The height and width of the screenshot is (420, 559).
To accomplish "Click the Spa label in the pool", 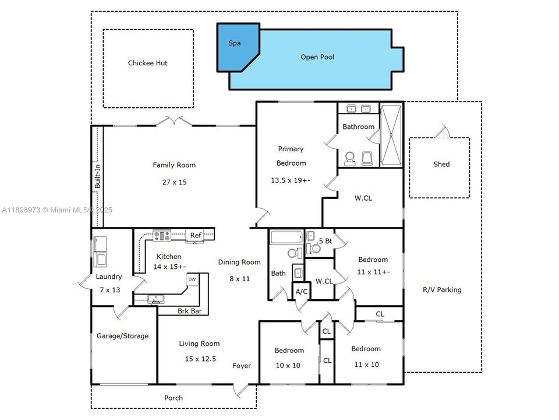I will point(235,43).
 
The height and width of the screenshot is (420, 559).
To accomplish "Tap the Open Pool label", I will point(317,57).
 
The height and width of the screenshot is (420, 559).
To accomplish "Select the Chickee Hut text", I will point(148,63).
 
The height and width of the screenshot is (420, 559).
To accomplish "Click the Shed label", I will point(441,164).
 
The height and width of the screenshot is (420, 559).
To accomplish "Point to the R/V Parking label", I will point(441,289).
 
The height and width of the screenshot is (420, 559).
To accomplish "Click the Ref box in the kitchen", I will point(196,236).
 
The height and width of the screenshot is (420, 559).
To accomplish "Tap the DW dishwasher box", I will point(192,280).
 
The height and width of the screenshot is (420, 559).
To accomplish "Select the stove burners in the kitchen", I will point(161,236).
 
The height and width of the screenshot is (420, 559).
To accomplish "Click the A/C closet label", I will point(302,291).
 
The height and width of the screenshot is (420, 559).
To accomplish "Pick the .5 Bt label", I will point(324,240).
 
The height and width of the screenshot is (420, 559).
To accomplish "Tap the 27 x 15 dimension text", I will point(174,182).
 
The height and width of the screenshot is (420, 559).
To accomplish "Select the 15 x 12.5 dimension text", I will point(199,359).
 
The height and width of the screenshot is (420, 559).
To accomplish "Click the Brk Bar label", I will point(189,311).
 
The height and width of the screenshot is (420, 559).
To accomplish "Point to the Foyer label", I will point(242,366).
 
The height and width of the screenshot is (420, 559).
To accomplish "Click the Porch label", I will point(173,398).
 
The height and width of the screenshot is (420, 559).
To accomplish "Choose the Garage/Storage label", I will point(122,336).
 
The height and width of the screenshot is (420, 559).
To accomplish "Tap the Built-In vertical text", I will point(98,175).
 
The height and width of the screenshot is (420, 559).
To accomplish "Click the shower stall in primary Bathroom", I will point(391,135).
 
